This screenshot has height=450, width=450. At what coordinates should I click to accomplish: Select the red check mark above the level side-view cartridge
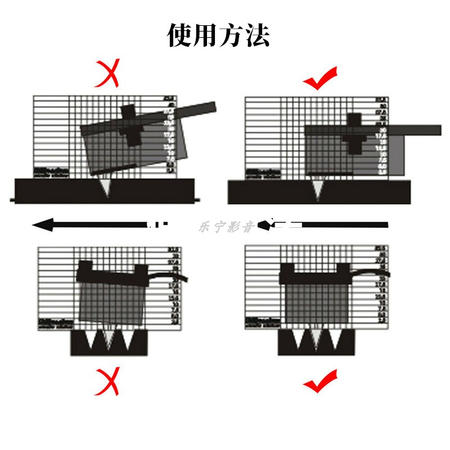point(320,78)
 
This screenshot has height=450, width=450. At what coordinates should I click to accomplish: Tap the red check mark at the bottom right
point(320,382)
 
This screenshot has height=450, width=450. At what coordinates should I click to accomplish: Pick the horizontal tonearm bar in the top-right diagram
point(416,130)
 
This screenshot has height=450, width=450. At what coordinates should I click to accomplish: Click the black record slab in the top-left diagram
point(56,191)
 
